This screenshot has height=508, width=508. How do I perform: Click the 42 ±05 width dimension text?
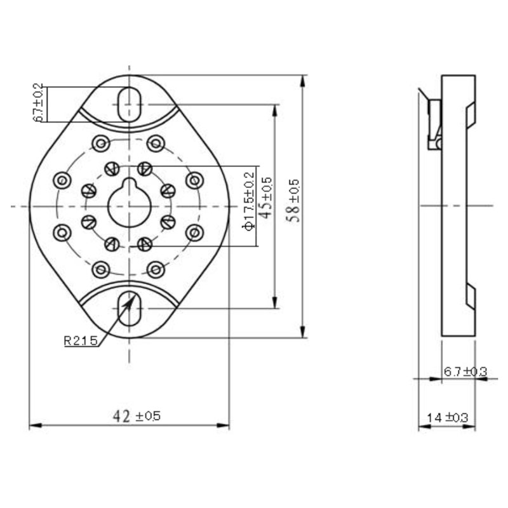pos(137,416)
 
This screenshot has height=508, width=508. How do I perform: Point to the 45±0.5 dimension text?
pos(267,198)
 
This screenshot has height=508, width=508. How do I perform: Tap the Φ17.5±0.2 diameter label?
pos(249,199)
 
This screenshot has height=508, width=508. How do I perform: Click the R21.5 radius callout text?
pos(81,341)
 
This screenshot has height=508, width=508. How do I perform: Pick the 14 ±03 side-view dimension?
pos(447,417)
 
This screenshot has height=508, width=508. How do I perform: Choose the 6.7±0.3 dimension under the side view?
pos(465,371)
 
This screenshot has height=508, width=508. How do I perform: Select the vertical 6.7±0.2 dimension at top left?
pos(37,104)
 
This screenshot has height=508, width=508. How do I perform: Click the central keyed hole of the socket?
pos(129,204)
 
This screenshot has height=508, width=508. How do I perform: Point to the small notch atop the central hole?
pos(129,184)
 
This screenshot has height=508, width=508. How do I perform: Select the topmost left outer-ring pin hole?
pos(101,144)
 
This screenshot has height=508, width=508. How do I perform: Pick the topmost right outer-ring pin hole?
pos(156,143)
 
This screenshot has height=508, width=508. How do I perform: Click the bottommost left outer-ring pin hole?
pos(101,269)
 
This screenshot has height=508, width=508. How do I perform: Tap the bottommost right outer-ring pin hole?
pos(156,269)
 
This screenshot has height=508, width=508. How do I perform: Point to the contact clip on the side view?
pos(435,124)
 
